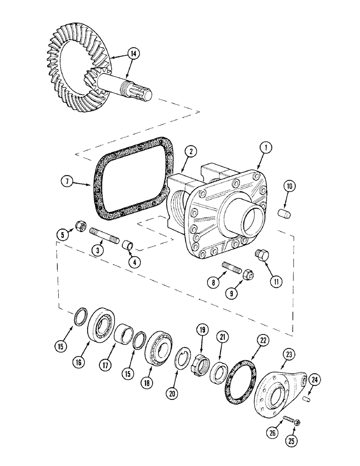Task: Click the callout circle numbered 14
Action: click(133, 54)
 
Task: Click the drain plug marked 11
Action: click(262, 255)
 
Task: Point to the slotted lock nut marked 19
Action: click(203, 361)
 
